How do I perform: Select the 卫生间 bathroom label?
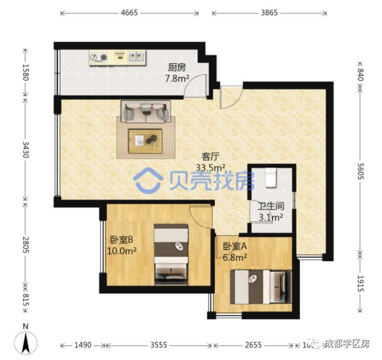pos(271,206)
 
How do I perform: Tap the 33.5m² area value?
pos(211,167)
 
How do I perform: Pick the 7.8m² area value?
pos(177,78)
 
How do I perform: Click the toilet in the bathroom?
pos(271,179)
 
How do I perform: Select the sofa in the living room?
pos(145,111)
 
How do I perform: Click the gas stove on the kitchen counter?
pos(99,57)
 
